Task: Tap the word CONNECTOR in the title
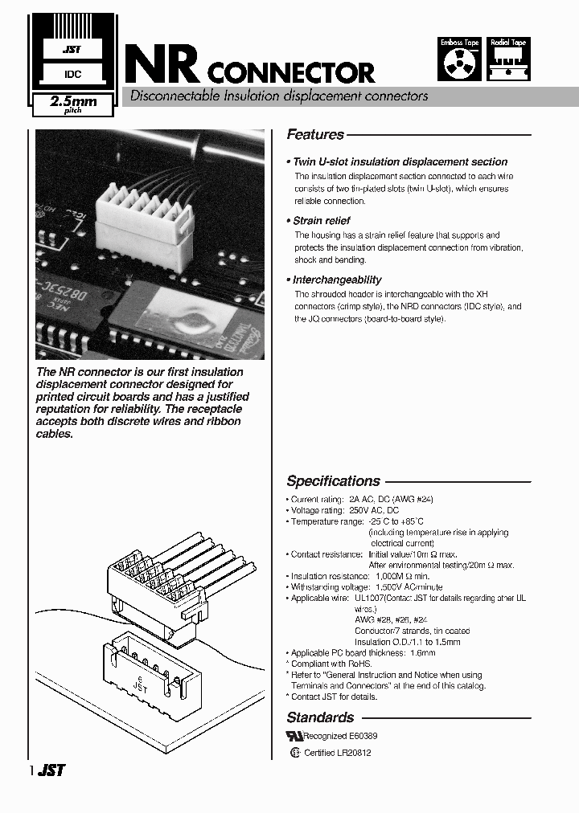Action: [290, 73]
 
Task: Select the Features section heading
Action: [315, 135]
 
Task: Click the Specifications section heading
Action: [333, 481]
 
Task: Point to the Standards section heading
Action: [320, 717]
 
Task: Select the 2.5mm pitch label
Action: [72, 104]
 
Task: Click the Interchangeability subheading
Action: [337, 280]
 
